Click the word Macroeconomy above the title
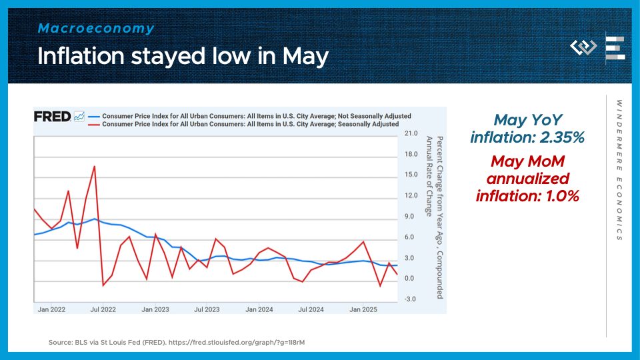pos(96,29)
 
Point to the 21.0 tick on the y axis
pos(411,134)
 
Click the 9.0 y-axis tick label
pos(409,217)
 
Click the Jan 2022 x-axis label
pos(51,309)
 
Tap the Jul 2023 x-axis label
pos(207,309)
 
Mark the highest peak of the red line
pos(95,166)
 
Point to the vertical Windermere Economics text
pos(619,170)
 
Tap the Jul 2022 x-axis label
pos(103,309)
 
